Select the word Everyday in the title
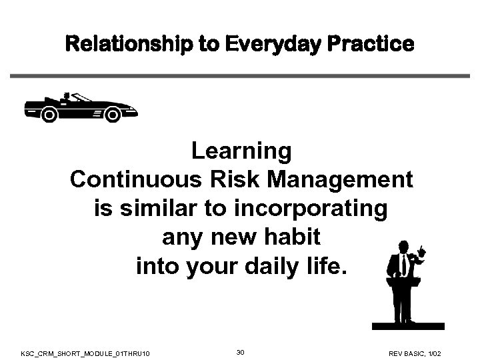click(x=265, y=44)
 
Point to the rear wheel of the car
click(x=49, y=115)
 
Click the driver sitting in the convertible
click(x=67, y=99)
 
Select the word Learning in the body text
click(x=241, y=151)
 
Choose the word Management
click(x=335, y=180)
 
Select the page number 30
click(x=240, y=351)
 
